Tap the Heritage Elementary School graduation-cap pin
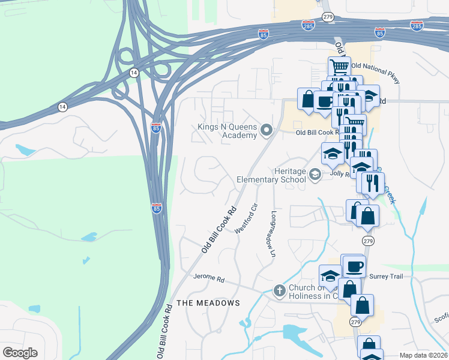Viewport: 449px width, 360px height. click(x=315, y=175)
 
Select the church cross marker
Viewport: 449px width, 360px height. click(x=279, y=291)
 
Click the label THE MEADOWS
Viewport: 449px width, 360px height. click(x=208, y=303)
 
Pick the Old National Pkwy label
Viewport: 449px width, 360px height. click(x=375, y=66)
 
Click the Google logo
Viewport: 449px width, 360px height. click(x=20, y=353)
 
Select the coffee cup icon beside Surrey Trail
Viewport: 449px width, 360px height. click(x=354, y=265)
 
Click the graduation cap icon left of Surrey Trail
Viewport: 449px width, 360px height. click(x=330, y=276)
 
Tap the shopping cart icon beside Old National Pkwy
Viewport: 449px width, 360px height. click(x=340, y=67)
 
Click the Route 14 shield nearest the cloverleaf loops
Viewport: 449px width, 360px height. click(x=133, y=72)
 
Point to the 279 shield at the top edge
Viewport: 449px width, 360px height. click(x=328, y=17)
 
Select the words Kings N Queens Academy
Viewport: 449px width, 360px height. click(x=227, y=131)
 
